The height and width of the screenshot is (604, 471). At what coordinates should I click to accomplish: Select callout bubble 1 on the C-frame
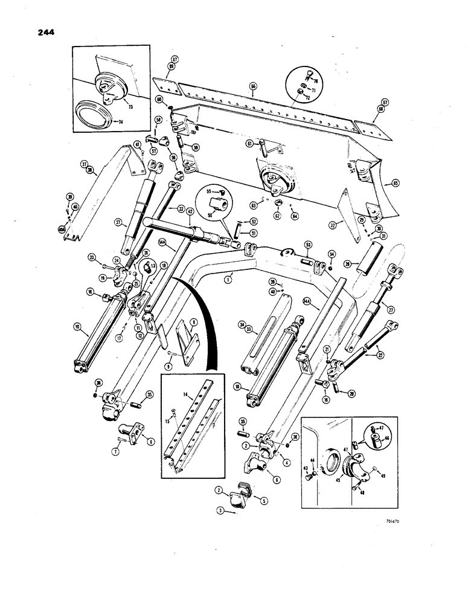tap(228, 280)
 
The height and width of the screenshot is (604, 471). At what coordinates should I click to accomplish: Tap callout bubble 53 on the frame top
tap(308, 244)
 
